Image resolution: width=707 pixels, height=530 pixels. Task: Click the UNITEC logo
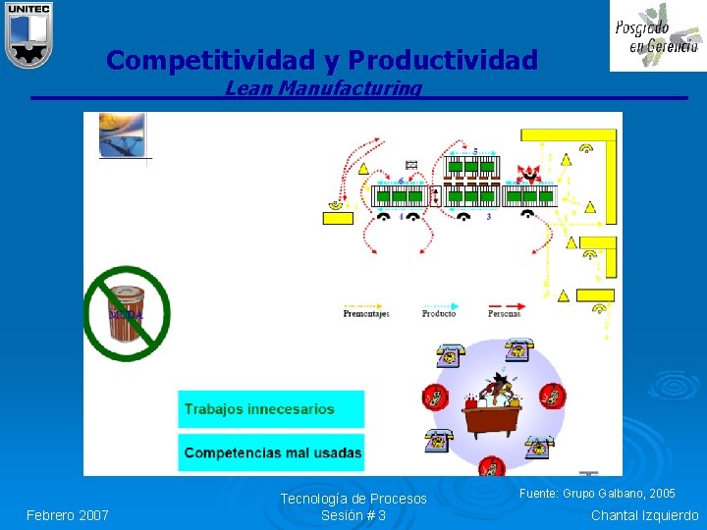pos(27,34)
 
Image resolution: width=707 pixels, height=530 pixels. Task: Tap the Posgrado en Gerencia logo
pos(657,36)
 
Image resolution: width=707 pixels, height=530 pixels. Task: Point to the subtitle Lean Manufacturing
pos(323,88)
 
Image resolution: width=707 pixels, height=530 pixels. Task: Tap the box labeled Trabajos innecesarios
pos(270,409)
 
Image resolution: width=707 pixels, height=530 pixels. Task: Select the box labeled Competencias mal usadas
pos(271,453)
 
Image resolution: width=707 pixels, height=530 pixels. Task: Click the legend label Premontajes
pos(366,314)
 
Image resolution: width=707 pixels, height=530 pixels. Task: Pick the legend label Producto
pos(439,314)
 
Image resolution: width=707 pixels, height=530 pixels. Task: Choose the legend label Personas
pos(504,314)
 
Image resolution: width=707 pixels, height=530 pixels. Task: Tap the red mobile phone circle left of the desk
pos(432,397)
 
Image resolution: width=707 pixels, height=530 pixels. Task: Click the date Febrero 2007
pos(68,515)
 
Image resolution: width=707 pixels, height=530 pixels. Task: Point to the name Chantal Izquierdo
pos(644,515)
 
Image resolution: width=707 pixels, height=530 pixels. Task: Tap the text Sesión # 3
pos(353,515)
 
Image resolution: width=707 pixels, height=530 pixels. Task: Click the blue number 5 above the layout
pos(476,151)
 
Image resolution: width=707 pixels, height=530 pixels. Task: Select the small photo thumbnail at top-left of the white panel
pos(122,135)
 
